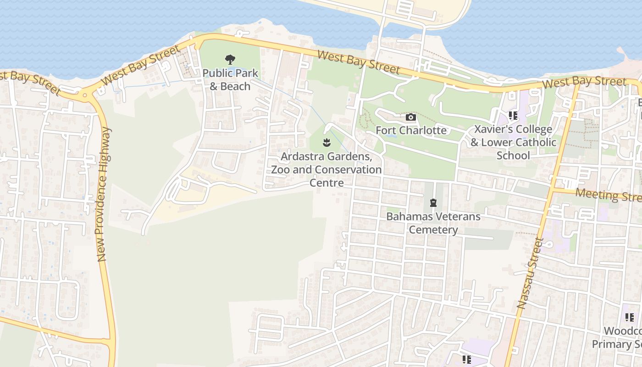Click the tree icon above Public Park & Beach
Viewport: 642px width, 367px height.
click(x=230, y=59)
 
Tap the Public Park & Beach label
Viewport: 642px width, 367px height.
click(x=230, y=79)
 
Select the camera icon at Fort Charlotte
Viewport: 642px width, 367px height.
click(x=411, y=117)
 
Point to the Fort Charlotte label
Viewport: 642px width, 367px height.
click(x=411, y=130)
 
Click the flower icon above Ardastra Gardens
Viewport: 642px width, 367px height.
click(x=327, y=143)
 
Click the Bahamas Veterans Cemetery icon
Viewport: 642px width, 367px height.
click(x=433, y=202)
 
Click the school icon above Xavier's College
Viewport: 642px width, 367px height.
click(x=513, y=116)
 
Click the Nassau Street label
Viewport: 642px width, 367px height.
click(x=530, y=273)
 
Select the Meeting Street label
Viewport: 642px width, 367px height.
click(x=608, y=195)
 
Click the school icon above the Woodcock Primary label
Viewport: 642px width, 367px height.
click(x=629, y=317)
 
